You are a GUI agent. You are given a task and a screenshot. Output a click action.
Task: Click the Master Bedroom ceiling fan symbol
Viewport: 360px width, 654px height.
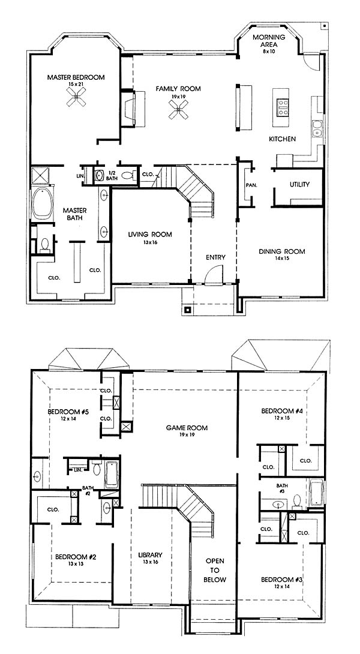tap(76, 99)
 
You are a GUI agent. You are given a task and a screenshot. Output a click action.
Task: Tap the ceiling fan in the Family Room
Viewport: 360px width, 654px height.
tap(179, 110)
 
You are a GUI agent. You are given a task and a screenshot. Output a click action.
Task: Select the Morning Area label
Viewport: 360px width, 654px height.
tap(269, 40)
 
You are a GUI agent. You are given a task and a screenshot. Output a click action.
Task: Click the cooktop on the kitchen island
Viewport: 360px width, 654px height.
tap(283, 107)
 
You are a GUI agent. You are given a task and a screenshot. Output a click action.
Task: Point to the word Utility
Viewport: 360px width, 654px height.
tap(299, 184)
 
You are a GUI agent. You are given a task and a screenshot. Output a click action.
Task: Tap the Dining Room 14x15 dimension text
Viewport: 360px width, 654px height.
tap(282, 258)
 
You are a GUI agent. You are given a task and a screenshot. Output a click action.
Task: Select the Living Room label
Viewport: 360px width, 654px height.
tap(150, 235)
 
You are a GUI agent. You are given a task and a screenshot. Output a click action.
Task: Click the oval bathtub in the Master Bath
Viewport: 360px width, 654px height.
tap(43, 203)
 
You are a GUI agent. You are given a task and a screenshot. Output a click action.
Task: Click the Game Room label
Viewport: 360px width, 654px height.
tap(187, 428)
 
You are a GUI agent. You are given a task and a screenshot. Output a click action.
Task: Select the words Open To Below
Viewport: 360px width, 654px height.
tap(215, 570)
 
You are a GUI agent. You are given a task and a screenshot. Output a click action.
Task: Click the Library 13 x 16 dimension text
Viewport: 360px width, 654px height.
tap(150, 562)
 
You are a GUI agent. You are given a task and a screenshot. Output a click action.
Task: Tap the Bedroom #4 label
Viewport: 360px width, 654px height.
tap(281, 411)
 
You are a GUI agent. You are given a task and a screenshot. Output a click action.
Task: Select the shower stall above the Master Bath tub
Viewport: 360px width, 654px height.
tap(40, 175)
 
